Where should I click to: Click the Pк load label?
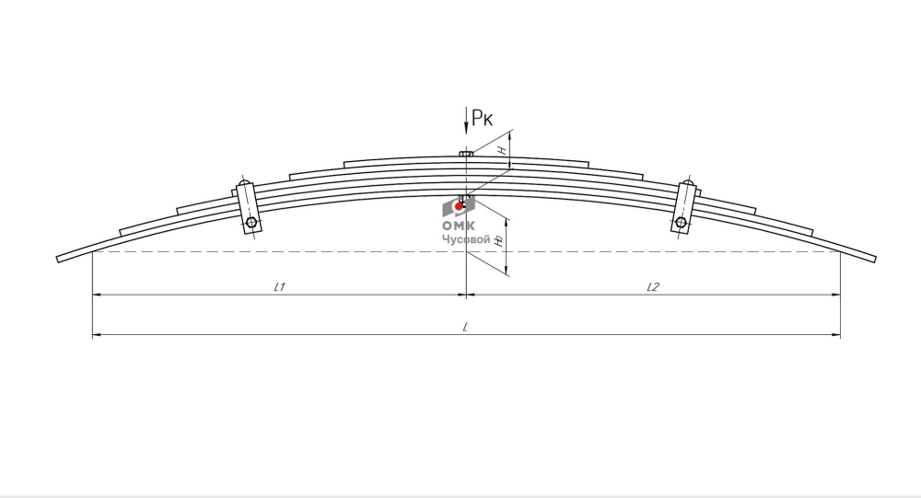[x=483, y=118]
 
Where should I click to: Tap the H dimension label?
[x=503, y=150]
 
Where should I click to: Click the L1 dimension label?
[x=280, y=286]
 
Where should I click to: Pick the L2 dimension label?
[x=653, y=286]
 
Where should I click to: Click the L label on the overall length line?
[x=465, y=327]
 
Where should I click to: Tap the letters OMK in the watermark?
[x=460, y=226]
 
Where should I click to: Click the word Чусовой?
[x=466, y=239]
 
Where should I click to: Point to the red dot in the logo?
[x=459, y=207]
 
